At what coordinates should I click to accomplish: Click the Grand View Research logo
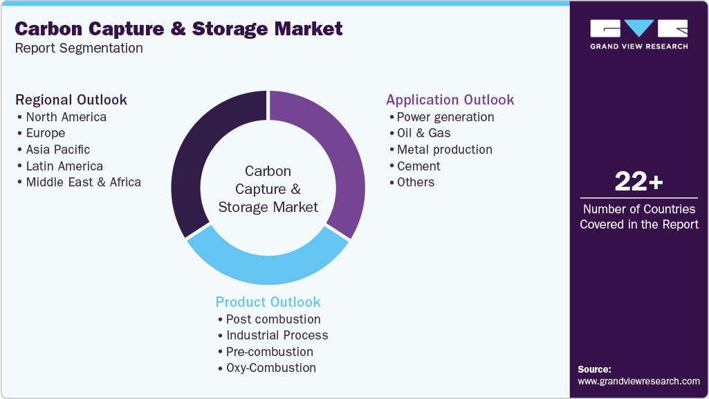click(x=638, y=34)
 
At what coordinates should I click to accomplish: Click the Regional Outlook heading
click(x=71, y=100)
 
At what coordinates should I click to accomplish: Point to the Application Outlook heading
click(x=450, y=100)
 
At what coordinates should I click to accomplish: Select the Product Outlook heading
click(x=268, y=302)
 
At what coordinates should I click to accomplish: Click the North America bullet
click(x=66, y=116)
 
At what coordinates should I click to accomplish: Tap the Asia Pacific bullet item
click(x=58, y=150)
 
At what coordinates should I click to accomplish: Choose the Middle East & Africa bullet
click(x=83, y=182)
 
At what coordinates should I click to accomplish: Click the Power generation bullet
click(x=445, y=116)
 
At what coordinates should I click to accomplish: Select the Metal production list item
click(x=444, y=150)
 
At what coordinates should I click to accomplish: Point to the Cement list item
click(x=418, y=166)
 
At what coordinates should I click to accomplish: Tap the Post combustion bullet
click(x=273, y=319)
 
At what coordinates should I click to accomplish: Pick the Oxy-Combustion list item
click(x=270, y=368)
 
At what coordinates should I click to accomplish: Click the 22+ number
click(x=638, y=182)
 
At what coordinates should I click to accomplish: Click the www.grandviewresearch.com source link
click(x=638, y=381)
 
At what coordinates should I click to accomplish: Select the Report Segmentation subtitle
click(x=79, y=48)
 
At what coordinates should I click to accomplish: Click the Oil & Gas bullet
click(x=423, y=133)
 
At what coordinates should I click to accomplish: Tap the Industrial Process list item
click(x=277, y=335)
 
